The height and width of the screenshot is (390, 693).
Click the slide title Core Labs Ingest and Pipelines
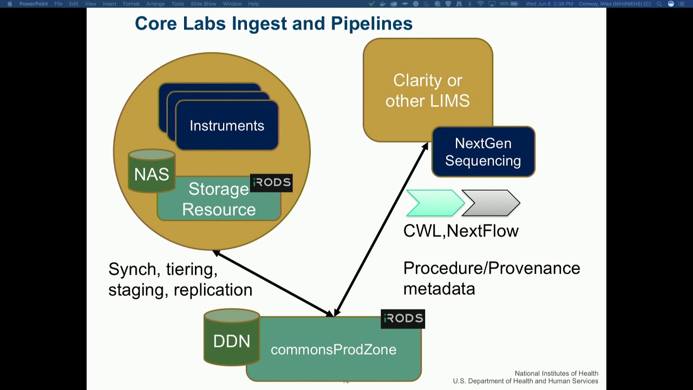(x=273, y=23)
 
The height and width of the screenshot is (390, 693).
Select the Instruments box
(x=227, y=126)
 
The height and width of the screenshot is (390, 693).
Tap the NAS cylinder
(x=152, y=173)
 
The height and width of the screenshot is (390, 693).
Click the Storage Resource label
(x=219, y=199)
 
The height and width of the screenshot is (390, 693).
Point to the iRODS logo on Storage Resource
(x=271, y=183)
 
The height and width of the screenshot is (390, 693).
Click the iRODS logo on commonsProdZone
(x=402, y=318)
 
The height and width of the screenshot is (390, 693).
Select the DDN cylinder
(x=232, y=340)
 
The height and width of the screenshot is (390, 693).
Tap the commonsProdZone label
(x=334, y=350)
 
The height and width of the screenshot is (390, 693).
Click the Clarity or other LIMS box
(x=427, y=90)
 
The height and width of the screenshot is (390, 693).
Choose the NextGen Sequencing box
(x=483, y=152)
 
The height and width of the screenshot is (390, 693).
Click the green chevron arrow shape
(x=434, y=203)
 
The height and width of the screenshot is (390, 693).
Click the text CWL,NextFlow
(x=461, y=231)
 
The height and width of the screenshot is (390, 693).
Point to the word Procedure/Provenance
(x=492, y=268)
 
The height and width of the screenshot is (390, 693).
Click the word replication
(x=213, y=290)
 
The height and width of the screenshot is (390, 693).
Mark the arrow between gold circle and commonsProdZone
(x=273, y=283)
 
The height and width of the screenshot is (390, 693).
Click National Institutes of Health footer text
(x=556, y=373)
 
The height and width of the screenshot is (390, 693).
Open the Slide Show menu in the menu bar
(x=203, y=4)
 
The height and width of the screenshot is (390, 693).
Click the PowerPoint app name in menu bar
(x=34, y=4)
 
